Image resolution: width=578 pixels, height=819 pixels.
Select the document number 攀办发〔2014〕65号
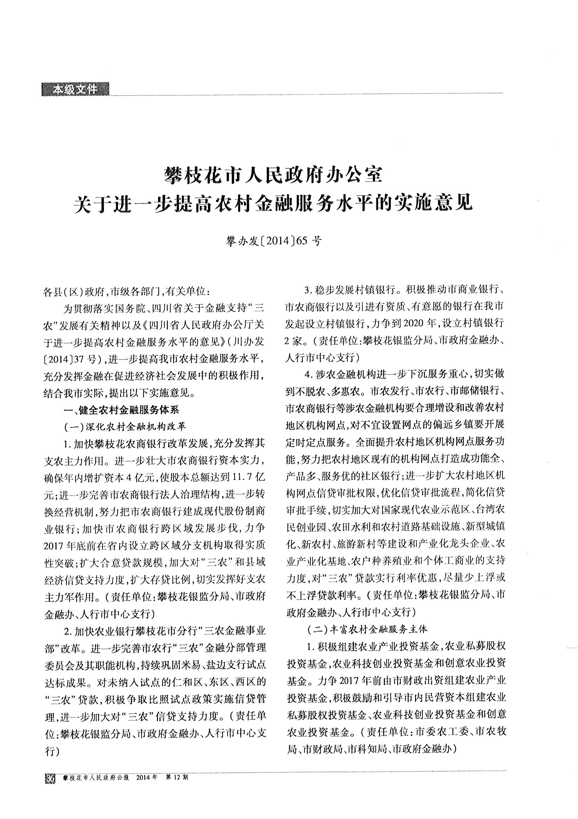click(274, 241)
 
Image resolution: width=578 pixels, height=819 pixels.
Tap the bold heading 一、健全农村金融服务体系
click(121, 410)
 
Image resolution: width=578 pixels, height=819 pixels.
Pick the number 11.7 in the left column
click(242, 477)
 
